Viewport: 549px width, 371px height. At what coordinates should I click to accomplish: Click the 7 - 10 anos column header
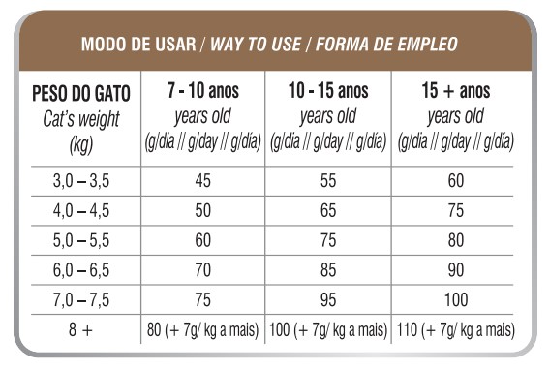[x=202, y=93]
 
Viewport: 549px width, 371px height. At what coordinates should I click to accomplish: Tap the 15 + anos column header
[x=455, y=93]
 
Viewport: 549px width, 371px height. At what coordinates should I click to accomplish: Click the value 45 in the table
[x=202, y=180]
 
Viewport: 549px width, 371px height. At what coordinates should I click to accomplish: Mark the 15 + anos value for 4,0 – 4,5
[x=455, y=210]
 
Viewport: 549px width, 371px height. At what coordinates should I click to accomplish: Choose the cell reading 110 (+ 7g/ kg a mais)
[x=455, y=330]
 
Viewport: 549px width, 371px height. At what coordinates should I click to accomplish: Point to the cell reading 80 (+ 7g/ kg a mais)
[x=202, y=330]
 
